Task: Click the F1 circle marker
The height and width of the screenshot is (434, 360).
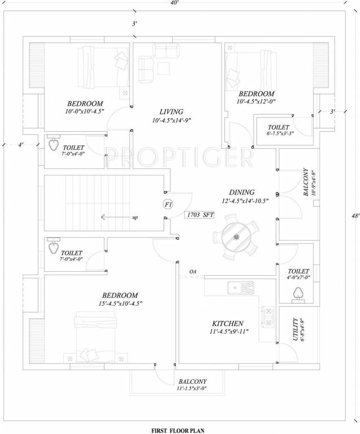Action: pos(168,204)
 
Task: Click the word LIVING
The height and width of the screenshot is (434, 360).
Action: pos(171,112)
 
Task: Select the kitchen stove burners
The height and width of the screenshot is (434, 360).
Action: pos(268,316)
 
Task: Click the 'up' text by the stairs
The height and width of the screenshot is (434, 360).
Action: pos(135,217)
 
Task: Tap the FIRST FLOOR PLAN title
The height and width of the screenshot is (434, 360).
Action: pos(180,430)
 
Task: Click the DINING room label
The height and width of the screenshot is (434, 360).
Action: pos(242,192)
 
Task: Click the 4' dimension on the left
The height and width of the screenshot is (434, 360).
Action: pos(20,145)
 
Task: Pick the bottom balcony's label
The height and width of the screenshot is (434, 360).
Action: pos(193,381)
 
